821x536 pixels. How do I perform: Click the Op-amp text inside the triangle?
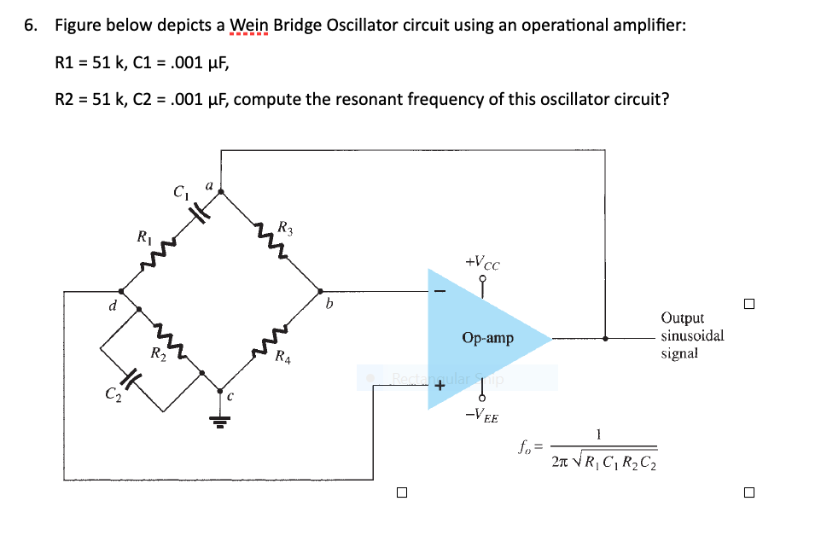(487, 339)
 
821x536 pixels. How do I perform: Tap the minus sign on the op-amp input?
(440, 292)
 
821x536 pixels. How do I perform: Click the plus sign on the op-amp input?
(440, 387)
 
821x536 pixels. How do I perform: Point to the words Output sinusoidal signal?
(691, 335)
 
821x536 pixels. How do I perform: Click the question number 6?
(31, 25)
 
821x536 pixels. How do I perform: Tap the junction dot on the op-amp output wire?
(605, 339)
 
